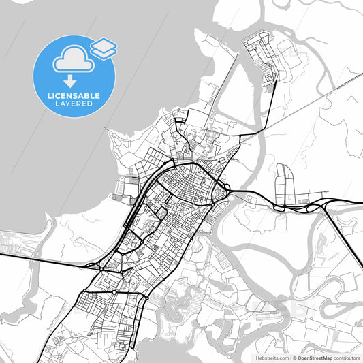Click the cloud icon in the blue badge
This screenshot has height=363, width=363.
[72, 60]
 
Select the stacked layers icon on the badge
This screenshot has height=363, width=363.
[104, 48]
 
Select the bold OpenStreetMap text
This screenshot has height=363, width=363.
[317, 358]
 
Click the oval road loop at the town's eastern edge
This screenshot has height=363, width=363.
[221, 195]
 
